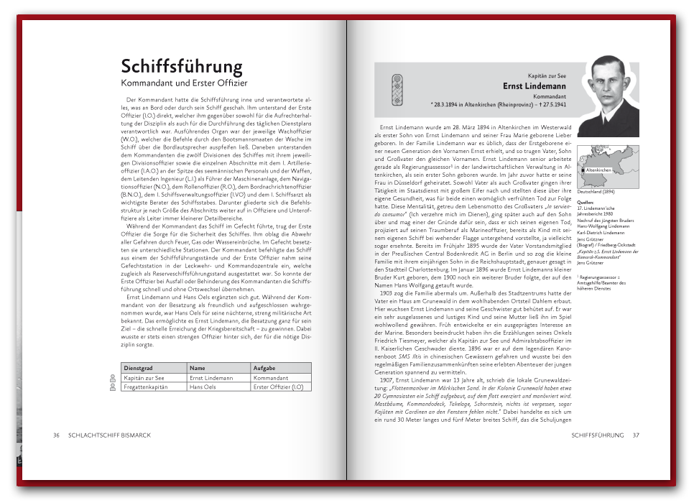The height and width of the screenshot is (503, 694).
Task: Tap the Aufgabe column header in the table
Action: coord(264,368)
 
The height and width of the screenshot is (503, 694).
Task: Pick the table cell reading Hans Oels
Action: coord(202,387)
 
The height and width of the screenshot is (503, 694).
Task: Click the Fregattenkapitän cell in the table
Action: coord(146,387)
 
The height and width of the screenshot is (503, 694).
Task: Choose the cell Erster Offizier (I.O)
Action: coord(282,387)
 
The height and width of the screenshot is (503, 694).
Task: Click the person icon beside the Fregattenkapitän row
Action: coord(113,387)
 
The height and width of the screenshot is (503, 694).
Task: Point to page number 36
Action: coord(56,435)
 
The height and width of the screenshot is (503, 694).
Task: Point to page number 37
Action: coord(636,435)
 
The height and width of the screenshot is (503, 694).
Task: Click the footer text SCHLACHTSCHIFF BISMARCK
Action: coord(109,435)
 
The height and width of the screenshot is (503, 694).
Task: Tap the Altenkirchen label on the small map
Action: coord(598,170)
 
